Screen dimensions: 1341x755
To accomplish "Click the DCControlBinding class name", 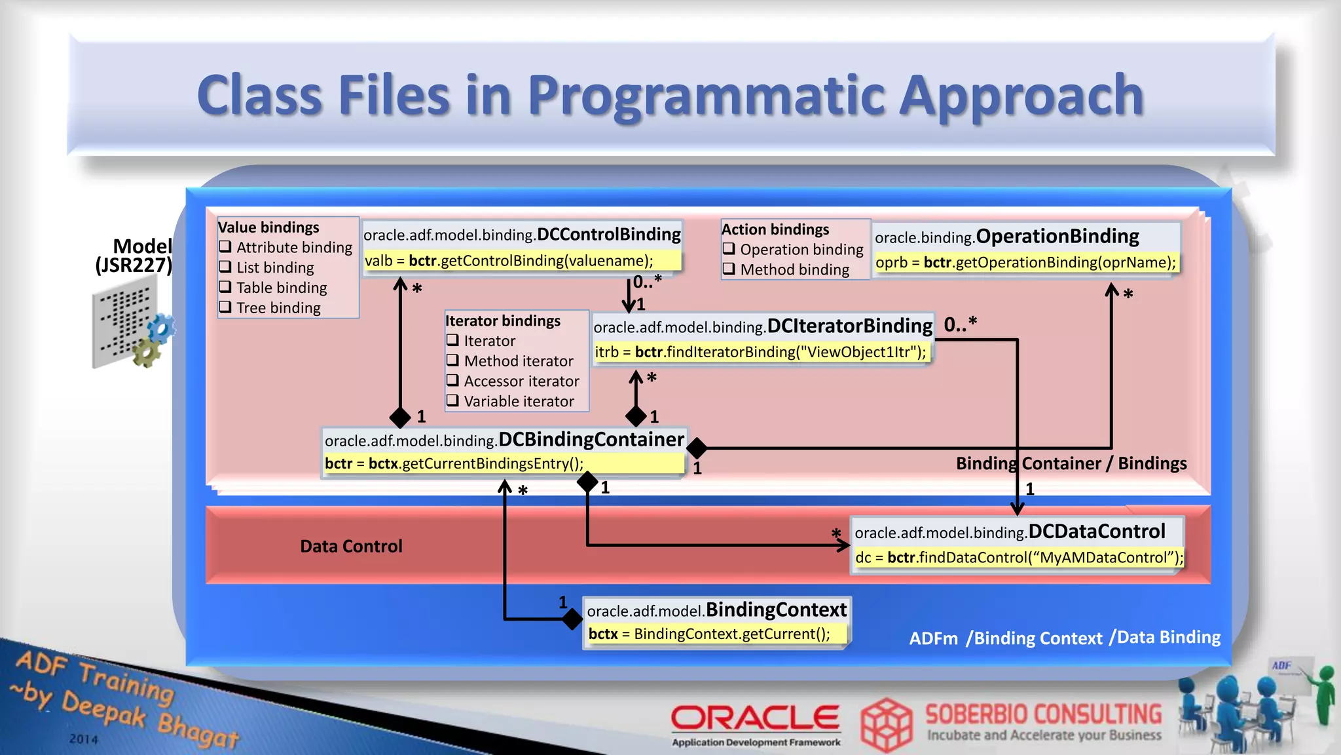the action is pyautogui.click(x=609, y=235).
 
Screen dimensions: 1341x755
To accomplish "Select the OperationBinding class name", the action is pyautogui.click(x=1057, y=236).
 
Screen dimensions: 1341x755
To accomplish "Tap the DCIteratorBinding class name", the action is pyautogui.click(x=849, y=326).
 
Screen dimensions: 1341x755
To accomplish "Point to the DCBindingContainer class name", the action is pyautogui.click(x=591, y=439).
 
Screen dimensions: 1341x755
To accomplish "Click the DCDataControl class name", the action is pyautogui.click(x=1096, y=532).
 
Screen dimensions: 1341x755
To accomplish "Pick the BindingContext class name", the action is pyautogui.click(x=776, y=610).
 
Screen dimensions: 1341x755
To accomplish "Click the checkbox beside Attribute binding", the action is pyautogui.click(x=225, y=247).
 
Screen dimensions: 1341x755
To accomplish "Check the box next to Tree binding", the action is pyautogui.click(x=225, y=307).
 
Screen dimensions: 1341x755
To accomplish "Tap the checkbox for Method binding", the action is pyautogui.click(x=729, y=269).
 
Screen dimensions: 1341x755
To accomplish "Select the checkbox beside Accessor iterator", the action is pyautogui.click(x=452, y=381).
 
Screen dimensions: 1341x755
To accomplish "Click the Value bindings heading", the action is pyautogui.click(x=268, y=227).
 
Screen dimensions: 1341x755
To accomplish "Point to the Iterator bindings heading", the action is pyautogui.click(x=503, y=320).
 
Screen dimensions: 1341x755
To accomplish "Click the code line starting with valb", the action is pyautogui.click(x=509, y=261).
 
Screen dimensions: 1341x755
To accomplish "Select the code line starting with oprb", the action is pyautogui.click(x=1025, y=263).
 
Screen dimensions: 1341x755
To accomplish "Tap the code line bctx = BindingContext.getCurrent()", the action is pyautogui.click(x=709, y=634).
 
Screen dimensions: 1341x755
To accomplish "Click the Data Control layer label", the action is pyautogui.click(x=351, y=546).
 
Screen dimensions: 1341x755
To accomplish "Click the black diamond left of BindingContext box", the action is pyautogui.click(x=572, y=618).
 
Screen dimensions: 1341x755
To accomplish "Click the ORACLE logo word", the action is pyautogui.click(x=755, y=718).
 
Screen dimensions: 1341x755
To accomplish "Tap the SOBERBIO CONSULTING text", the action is pyautogui.click(x=1043, y=714).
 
